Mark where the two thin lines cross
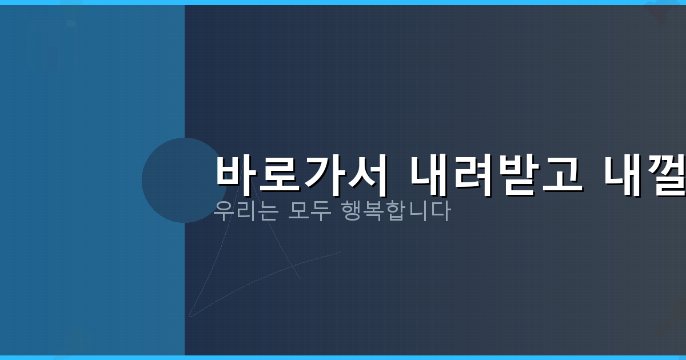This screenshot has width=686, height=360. (x=292, y=266)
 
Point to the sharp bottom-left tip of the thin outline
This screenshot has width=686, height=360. (x=189, y=315)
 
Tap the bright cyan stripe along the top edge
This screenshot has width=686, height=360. (x=343, y=2)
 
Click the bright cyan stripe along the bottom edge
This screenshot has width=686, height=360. (x=343, y=357)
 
